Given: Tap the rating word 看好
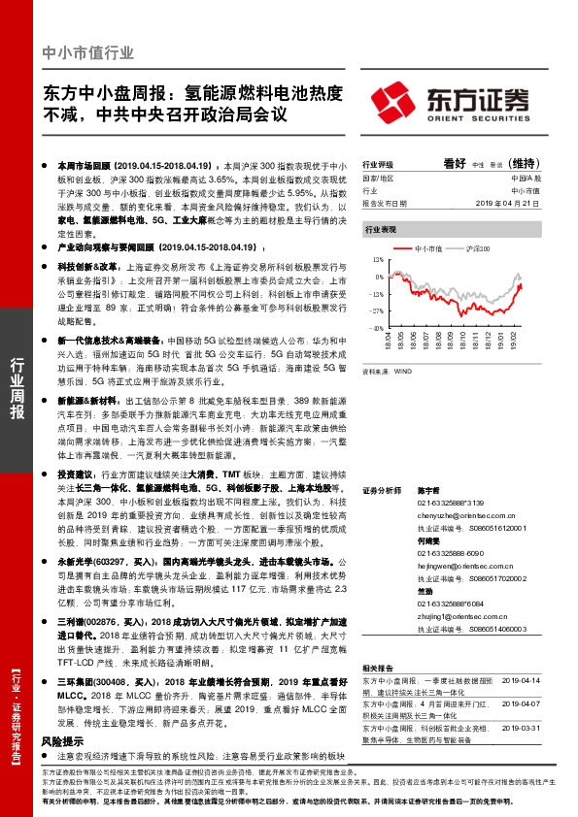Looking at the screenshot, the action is tap(456, 164).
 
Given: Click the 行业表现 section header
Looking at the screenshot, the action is tap(380, 229).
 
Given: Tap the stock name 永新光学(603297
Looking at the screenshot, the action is tap(88, 561).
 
